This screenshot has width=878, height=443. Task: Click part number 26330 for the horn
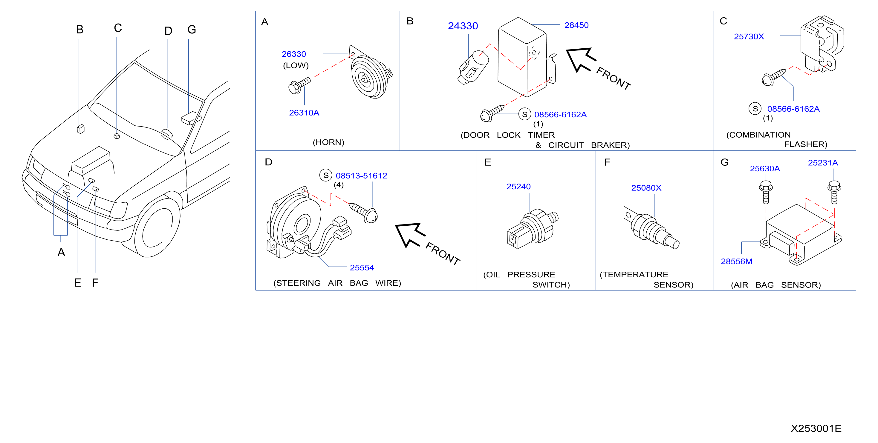coord(293,54)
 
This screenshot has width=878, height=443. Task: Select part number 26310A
coord(304,113)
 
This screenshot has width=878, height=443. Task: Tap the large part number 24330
coord(463,26)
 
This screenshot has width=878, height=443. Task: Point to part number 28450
coord(576,25)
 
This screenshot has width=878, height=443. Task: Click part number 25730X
coord(749,36)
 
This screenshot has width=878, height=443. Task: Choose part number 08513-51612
coord(361,176)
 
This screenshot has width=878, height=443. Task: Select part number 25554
coord(362,268)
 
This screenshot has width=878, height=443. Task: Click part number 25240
coord(518,187)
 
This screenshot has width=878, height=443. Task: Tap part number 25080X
coord(646,188)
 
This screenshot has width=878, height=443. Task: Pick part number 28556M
coord(737,262)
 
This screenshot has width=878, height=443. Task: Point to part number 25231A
coord(823,163)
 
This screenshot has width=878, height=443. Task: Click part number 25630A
coord(765,169)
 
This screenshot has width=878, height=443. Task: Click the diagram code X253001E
coord(816,428)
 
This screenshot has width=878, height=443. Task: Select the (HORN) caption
coord(328,142)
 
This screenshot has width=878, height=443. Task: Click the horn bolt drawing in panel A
coord(299,85)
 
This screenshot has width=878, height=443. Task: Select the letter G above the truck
coord(192,30)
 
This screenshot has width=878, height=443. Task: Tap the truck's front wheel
coord(157,228)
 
